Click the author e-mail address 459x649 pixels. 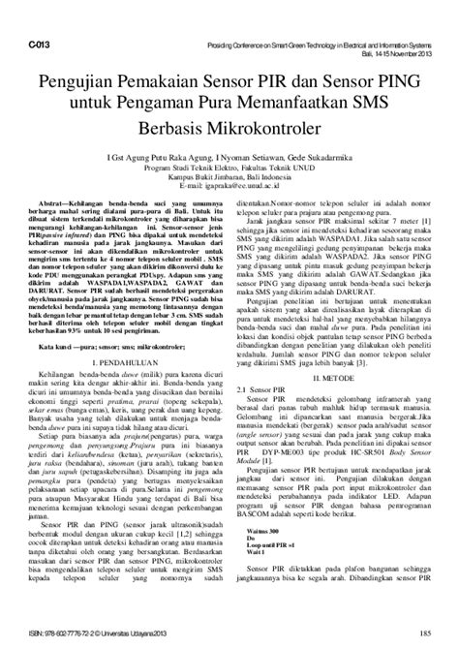(229, 182)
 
